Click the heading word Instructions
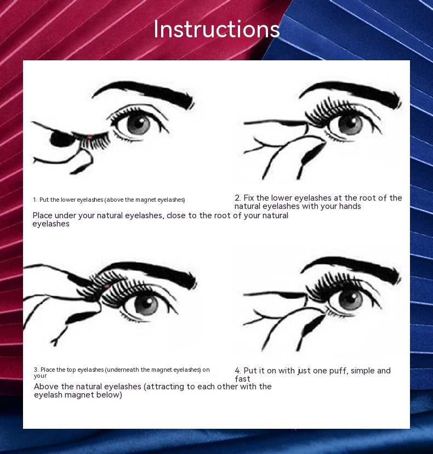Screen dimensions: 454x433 point(216,29)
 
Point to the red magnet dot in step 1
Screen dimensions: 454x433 point(89,137)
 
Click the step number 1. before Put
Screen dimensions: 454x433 point(35,200)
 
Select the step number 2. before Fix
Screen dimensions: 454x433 point(238,198)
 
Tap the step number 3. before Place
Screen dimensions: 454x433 point(36,370)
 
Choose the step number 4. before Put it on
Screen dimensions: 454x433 point(238,371)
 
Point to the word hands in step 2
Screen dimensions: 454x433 point(349,206)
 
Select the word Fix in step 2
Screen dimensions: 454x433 point(251,198)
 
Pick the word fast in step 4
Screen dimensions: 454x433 point(243,379)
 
